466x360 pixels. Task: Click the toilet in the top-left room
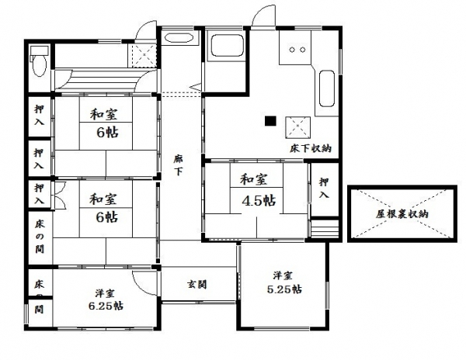[x=39, y=62]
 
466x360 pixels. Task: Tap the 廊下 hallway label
[x=179, y=165]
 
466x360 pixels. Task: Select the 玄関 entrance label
[x=196, y=285]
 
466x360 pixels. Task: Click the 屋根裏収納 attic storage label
[x=402, y=214]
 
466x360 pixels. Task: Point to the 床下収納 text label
[x=311, y=148]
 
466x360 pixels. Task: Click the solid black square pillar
[x=270, y=121]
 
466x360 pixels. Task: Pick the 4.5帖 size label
[x=259, y=201]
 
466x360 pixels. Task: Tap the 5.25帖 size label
[x=284, y=289]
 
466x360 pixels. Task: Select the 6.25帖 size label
[x=106, y=306]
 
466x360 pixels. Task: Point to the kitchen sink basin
[x=327, y=88]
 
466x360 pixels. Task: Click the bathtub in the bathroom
[x=228, y=46]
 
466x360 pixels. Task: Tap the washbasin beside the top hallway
[x=179, y=38]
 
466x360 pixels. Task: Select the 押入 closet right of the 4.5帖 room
[x=324, y=189]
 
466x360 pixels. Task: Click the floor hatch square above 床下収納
[x=297, y=127]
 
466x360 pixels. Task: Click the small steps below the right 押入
[x=324, y=228]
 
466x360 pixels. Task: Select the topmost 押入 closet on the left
[x=40, y=116]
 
